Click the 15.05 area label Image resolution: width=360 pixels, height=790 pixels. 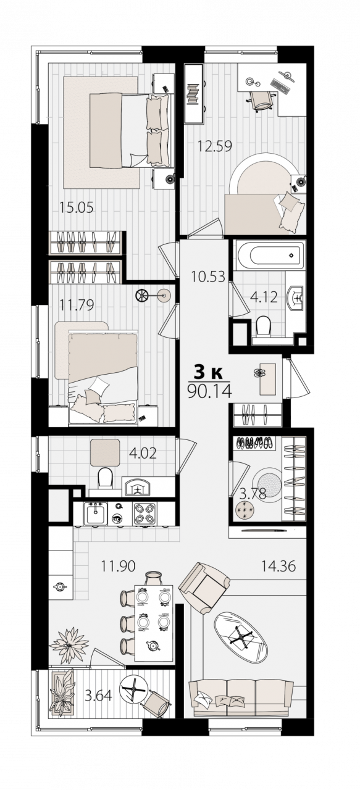tap(76, 207)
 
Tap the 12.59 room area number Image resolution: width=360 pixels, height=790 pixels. tap(215, 146)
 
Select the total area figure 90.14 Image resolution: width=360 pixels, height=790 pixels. tap(210, 391)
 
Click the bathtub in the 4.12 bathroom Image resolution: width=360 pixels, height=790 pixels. tap(270, 254)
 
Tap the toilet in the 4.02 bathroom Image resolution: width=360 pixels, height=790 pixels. tap(105, 477)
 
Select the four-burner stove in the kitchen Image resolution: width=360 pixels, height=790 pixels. tap(144, 514)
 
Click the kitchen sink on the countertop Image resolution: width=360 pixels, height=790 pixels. tap(95, 513)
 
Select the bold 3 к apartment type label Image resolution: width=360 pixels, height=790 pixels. tap(207, 372)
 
